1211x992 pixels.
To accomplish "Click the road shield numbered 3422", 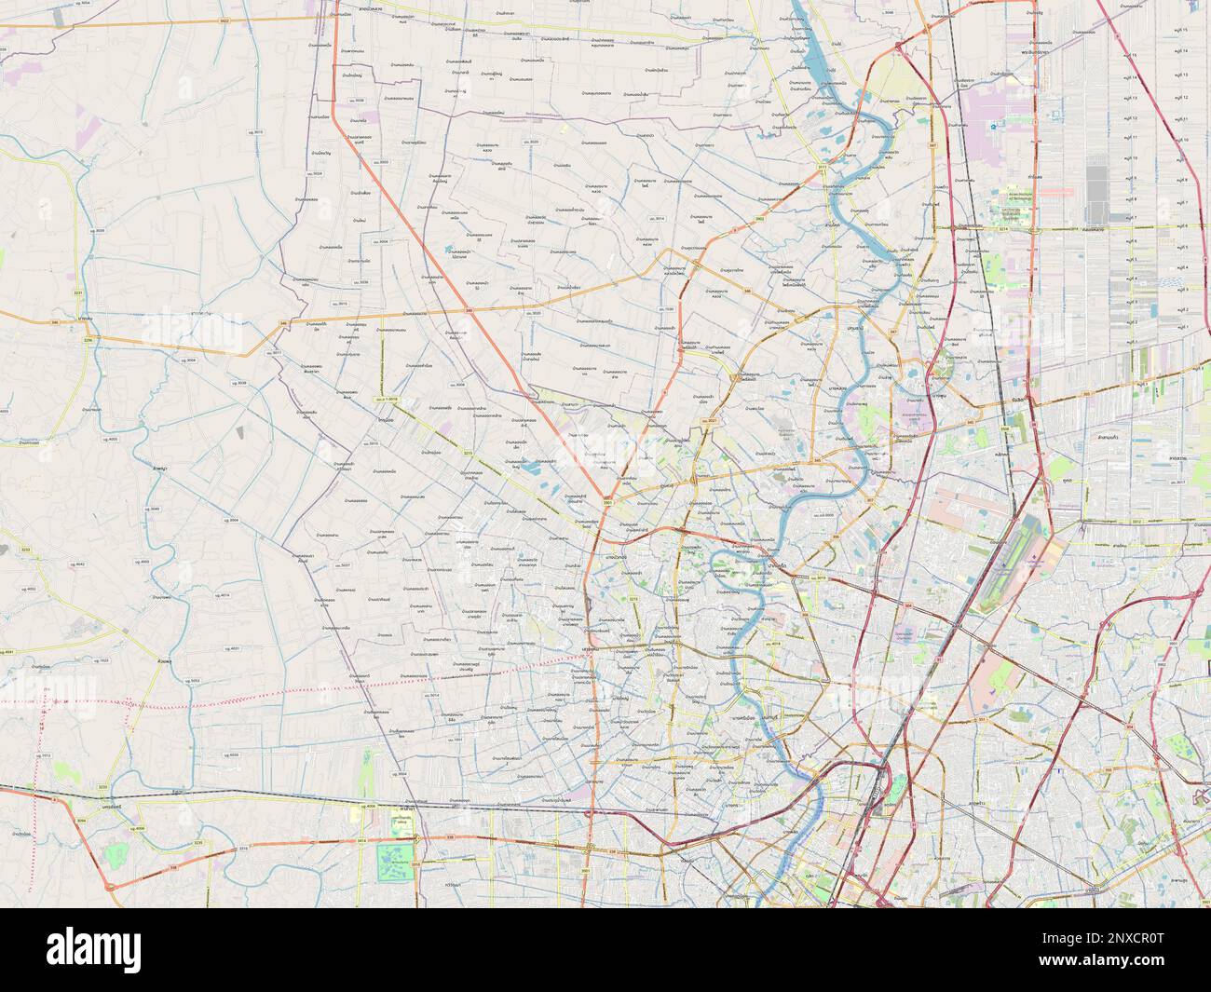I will point(225,20).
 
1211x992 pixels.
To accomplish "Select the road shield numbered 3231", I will point(78,293).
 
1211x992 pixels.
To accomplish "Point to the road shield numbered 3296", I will point(88,341).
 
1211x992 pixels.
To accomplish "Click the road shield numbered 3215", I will point(469,454).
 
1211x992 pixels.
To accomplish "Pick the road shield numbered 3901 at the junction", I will point(607,503).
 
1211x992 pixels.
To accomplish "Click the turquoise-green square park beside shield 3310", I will point(399,862).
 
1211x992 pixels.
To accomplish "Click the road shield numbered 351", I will point(981,719).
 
